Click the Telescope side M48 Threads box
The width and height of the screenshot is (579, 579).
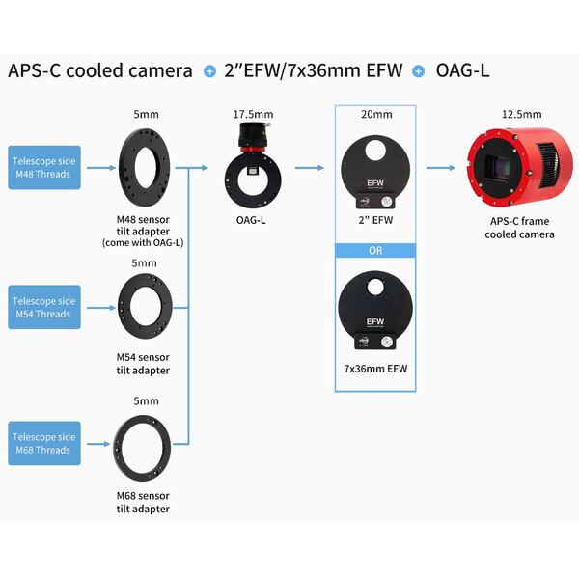(44, 167)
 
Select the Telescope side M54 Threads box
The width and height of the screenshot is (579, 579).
(44, 307)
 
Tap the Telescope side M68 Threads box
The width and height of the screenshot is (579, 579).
(44, 443)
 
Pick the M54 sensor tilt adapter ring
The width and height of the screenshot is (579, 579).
(144, 306)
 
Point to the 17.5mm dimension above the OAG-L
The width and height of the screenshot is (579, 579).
(249, 114)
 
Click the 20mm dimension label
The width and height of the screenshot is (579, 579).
(376, 114)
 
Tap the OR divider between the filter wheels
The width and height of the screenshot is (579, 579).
(376, 252)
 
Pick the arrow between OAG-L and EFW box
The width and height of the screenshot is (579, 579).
(309, 167)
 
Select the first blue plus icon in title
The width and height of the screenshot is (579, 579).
(209, 71)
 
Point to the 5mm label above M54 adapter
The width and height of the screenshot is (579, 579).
(144, 262)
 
